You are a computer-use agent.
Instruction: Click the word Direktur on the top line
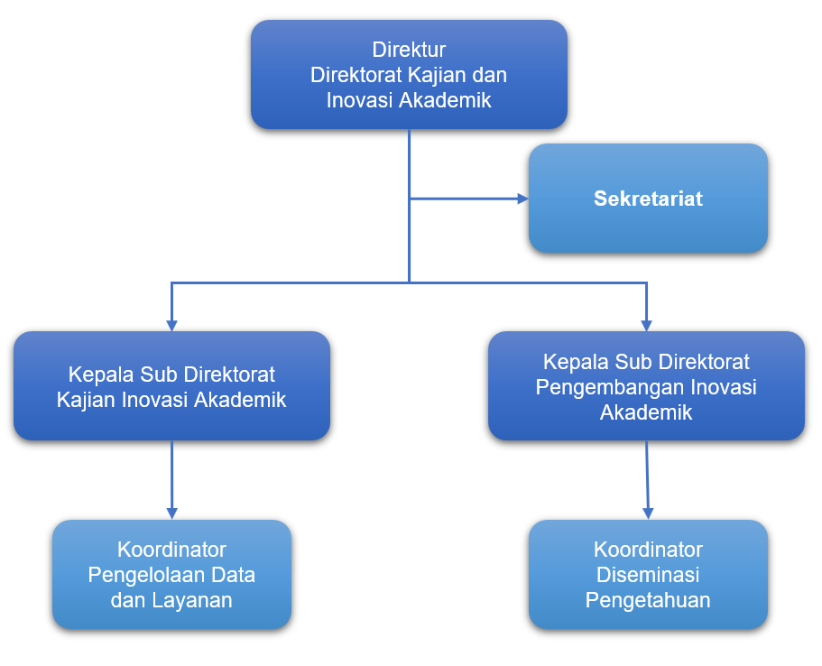409,50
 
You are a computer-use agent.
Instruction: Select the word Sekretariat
648,199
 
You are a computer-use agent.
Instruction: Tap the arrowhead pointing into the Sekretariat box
522,199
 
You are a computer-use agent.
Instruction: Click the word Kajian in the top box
437,75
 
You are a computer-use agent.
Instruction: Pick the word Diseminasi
648,575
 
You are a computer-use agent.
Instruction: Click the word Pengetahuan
648,600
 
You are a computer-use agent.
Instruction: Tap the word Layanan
192,601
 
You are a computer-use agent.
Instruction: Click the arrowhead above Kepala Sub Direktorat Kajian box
171,326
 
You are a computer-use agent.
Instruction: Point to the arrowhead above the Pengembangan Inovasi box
646,326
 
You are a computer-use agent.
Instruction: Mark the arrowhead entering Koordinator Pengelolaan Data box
171,513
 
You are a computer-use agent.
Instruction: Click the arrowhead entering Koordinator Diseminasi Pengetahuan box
649,513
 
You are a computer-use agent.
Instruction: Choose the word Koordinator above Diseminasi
648,550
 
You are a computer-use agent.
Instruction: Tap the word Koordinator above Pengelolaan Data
171,550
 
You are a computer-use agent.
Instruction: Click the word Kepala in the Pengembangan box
576,363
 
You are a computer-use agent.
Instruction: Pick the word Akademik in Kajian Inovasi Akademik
240,400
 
